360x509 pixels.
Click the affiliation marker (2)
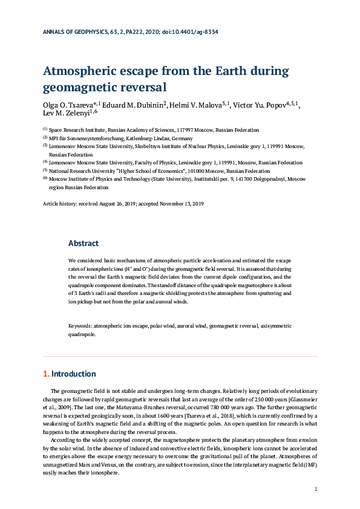[45, 137]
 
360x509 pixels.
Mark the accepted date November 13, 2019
[179, 204]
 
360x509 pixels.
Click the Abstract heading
[83, 243]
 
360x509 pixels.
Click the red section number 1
[45, 374]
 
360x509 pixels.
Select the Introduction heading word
[73, 374]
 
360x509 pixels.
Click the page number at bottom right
[316, 488]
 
